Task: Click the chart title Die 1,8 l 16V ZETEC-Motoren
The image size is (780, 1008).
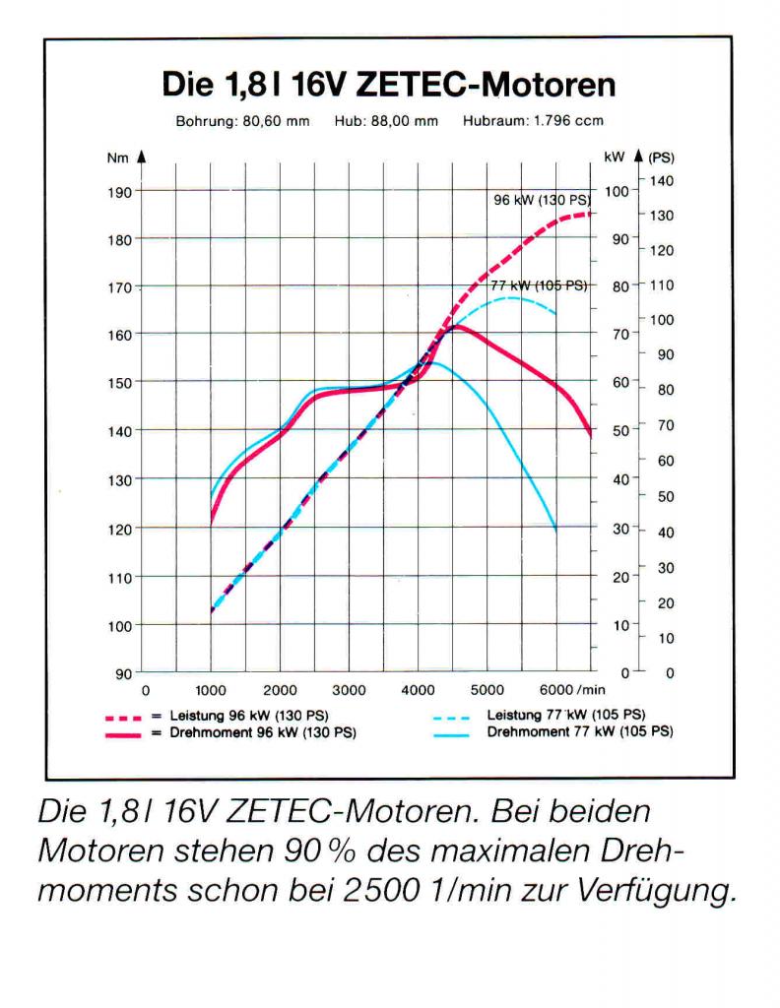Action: tap(389, 85)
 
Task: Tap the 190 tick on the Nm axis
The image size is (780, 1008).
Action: tap(119, 193)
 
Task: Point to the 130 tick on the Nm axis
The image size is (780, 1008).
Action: tap(119, 479)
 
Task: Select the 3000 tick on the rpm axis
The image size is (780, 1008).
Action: tap(349, 691)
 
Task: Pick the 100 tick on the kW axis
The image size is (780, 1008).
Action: tap(614, 191)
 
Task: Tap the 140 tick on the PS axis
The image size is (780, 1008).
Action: tap(662, 181)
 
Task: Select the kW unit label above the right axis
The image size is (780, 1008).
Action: tap(615, 157)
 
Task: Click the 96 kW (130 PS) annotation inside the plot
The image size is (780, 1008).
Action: tap(540, 200)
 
